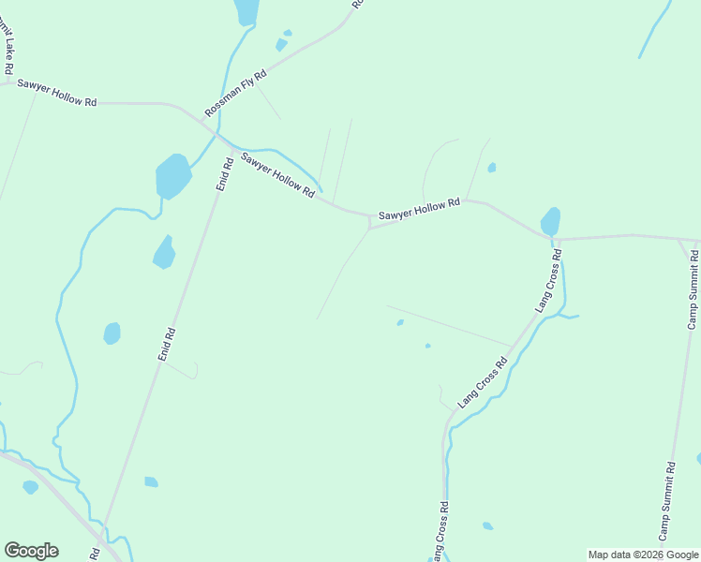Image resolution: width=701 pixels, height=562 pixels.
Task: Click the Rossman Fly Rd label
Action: (x=235, y=92)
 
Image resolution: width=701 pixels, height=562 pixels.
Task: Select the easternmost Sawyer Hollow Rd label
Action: (x=419, y=210)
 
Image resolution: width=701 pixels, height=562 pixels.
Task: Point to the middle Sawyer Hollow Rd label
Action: (x=277, y=174)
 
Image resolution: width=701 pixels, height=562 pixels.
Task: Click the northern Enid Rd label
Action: (x=224, y=175)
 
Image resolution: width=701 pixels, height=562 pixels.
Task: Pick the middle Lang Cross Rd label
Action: (x=483, y=379)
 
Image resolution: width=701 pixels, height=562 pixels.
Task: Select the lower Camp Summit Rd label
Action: (x=665, y=501)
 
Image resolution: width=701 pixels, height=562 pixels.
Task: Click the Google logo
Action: (x=31, y=551)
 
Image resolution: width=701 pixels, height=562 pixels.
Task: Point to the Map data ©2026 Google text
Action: (x=643, y=555)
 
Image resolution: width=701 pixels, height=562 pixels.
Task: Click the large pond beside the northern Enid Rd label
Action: (x=172, y=175)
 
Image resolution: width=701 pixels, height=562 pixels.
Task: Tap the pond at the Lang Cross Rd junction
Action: (x=551, y=222)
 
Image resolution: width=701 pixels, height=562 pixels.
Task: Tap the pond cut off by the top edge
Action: (x=246, y=11)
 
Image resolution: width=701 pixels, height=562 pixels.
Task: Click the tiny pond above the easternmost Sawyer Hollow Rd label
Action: (x=492, y=168)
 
